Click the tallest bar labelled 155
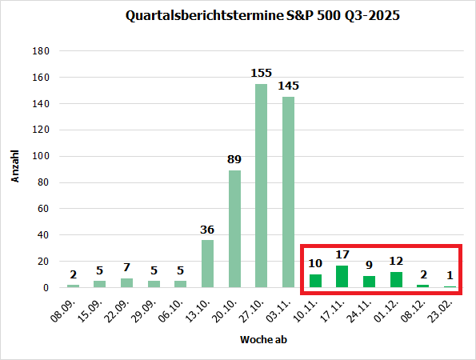pos(261,185)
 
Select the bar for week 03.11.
pos(288,192)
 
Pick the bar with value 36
pos(207,263)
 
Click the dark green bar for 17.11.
pos(342,276)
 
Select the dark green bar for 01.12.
pos(396,279)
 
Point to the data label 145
pos(289,86)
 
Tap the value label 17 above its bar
pos(342,255)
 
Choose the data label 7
pos(126,267)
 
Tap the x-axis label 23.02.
pos(444,306)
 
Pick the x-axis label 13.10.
pos(201,306)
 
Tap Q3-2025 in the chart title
pos(372,15)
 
